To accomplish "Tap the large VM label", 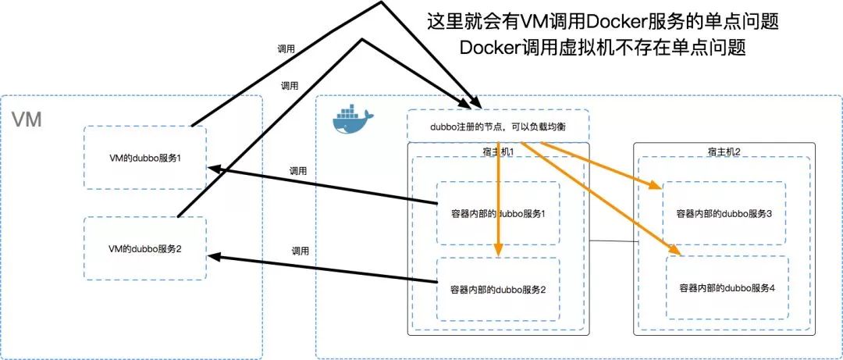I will click(27, 120).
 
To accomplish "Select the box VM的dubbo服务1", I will click(145, 157).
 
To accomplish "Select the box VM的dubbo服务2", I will click(145, 248).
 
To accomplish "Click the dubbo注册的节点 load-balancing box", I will click(497, 125).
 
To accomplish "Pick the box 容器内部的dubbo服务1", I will click(498, 213).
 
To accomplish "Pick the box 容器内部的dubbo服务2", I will click(498, 289).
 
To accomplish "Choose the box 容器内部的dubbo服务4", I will click(727, 288).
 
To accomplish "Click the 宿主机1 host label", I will click(498, 151).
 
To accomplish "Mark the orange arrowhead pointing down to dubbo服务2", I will click(498, 251).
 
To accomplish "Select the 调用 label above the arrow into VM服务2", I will click(301, 251).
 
